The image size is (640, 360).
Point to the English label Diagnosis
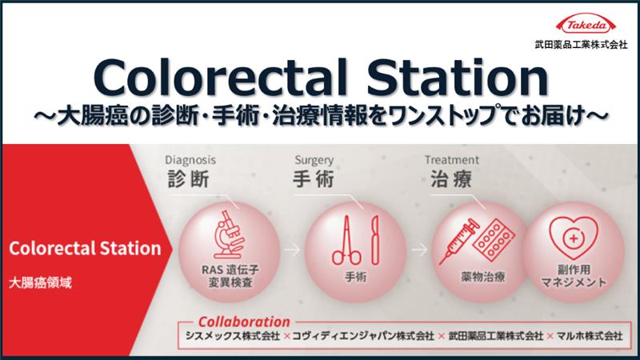click(x=190, y=158)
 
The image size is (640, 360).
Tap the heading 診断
click(x=190, y=178)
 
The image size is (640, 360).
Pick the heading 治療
click(x=443, y=178)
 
